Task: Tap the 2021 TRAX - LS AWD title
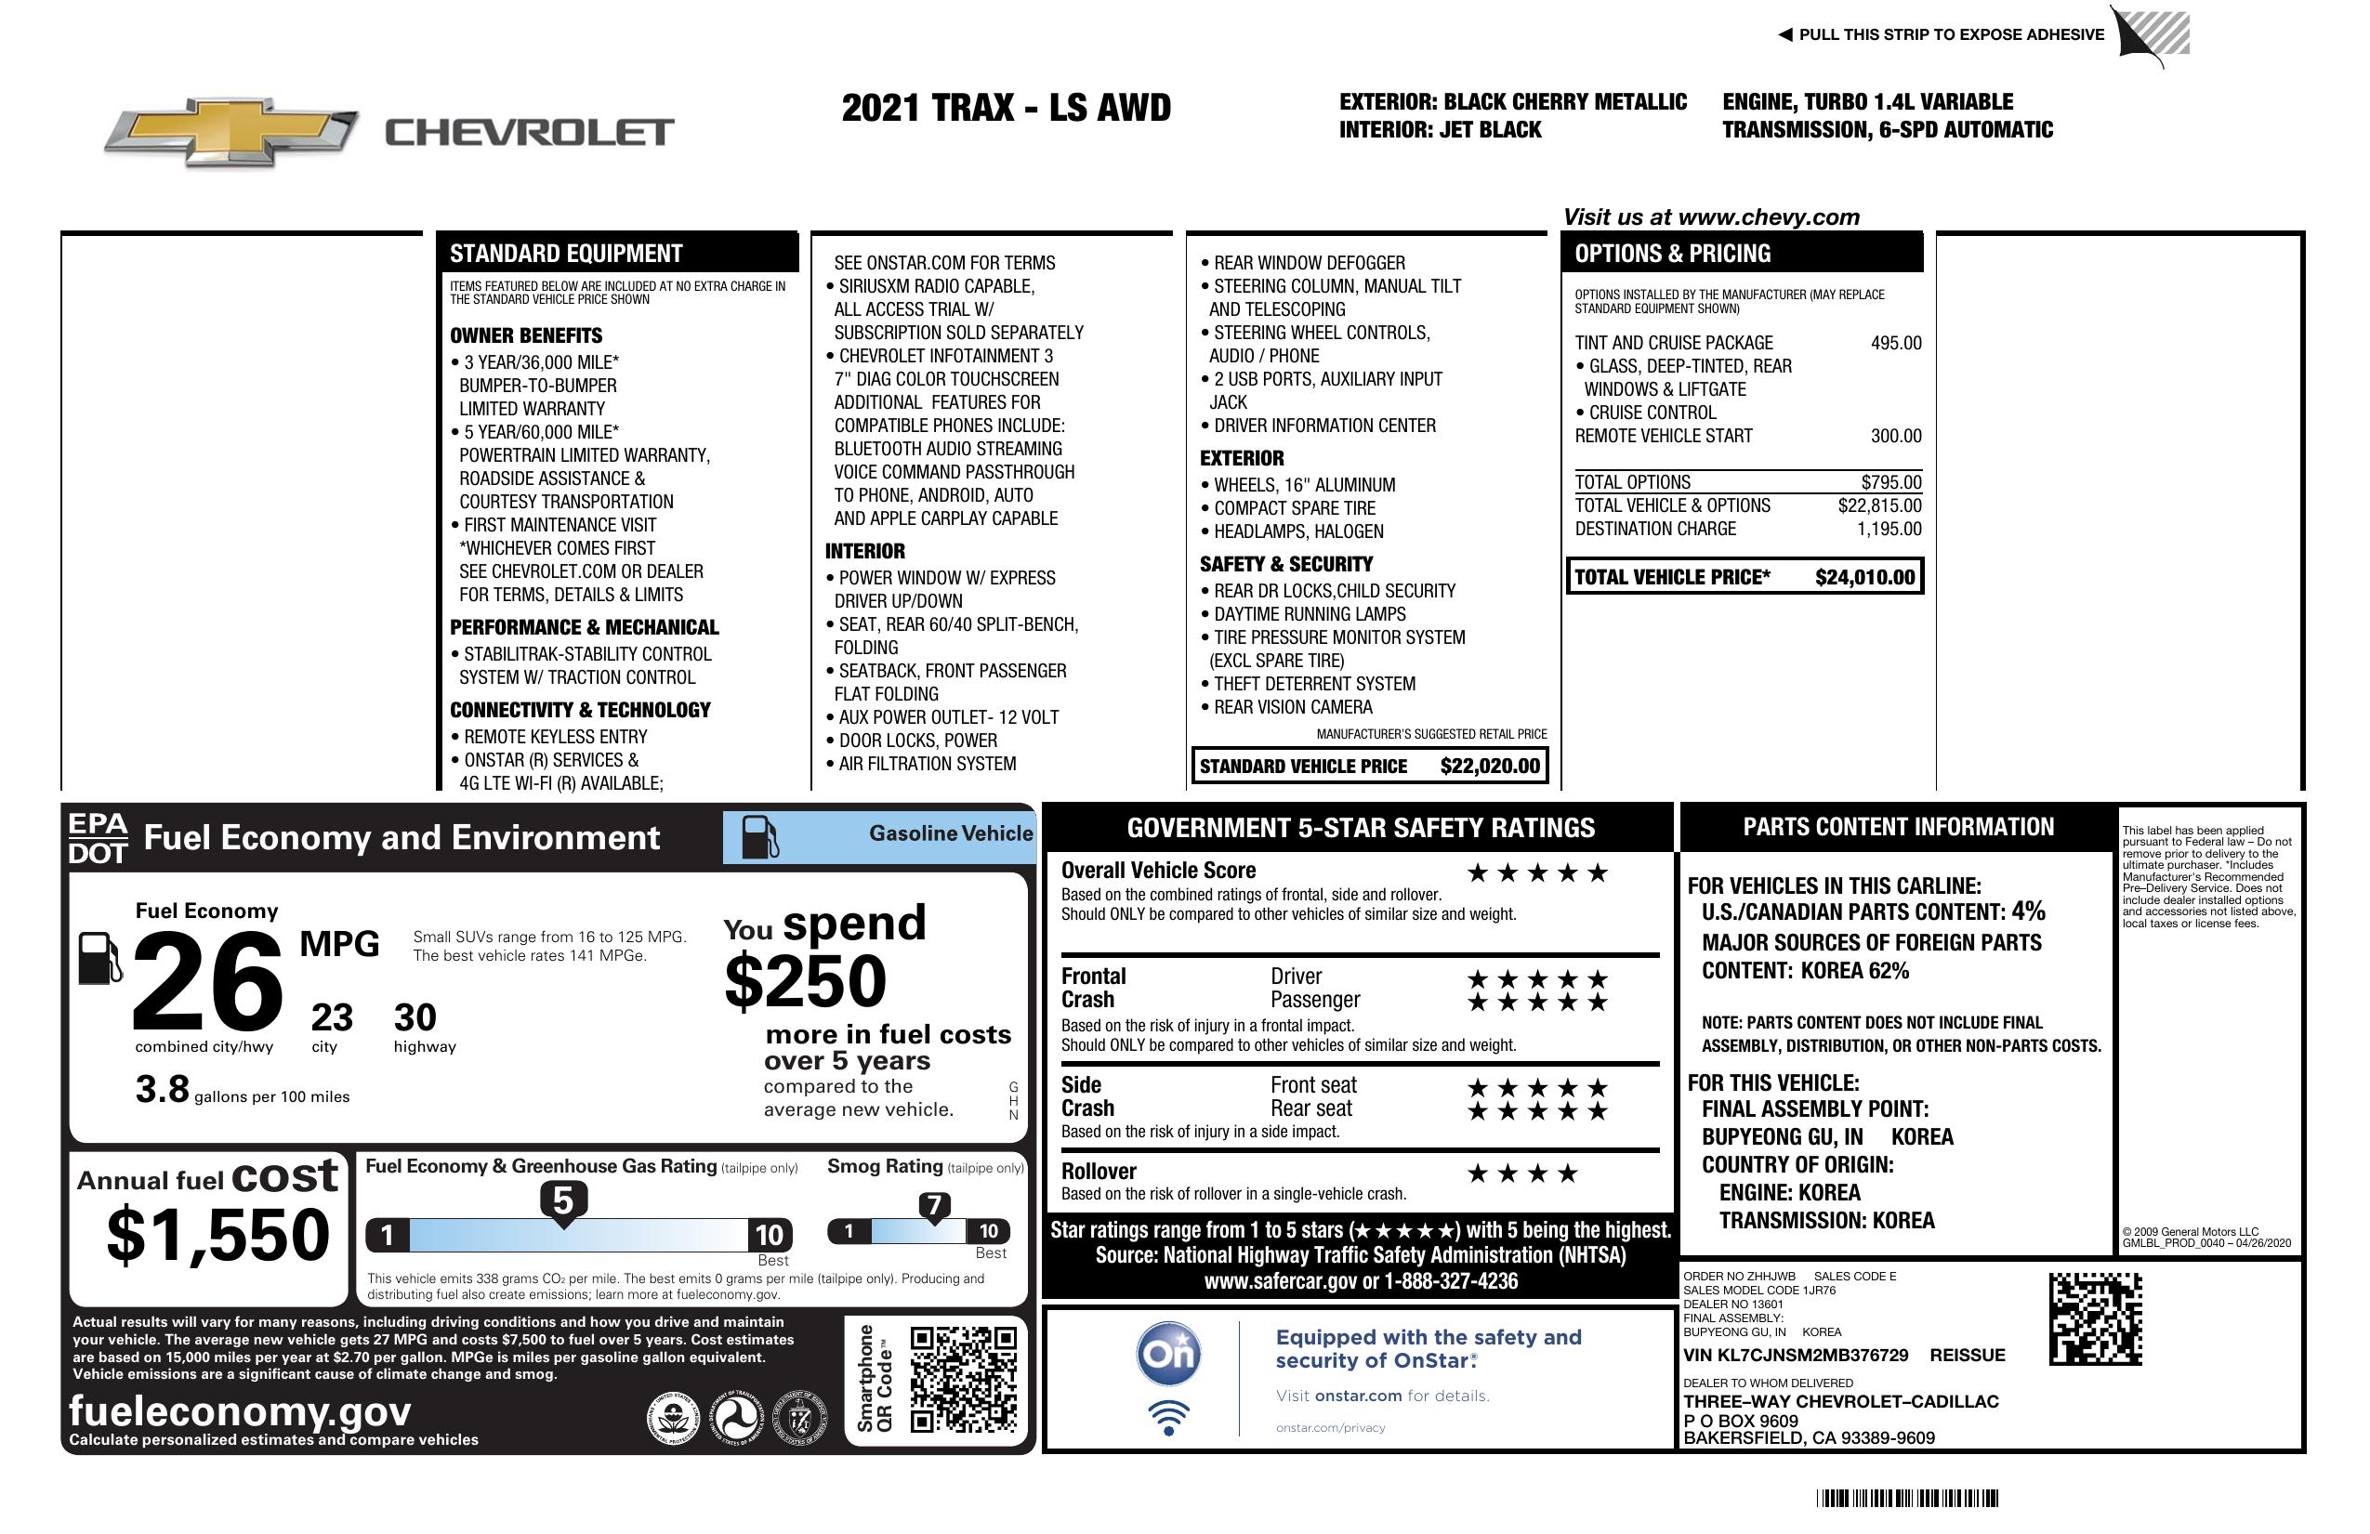(x=1006, y=108)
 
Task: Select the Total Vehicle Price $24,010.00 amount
(x=1864, y=577)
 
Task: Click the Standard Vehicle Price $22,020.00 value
(x=1490, y=766)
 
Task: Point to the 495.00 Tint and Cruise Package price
(x=1895, y=344)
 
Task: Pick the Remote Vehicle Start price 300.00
(x=1895, y=436)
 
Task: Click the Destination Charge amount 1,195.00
(x=1888, y=530)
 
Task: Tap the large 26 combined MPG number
(x=208, y=981)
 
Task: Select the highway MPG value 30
(x=415, y=1017)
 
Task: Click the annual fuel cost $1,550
(x=218, y=1235)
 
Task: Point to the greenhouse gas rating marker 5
(x=562, y=1201)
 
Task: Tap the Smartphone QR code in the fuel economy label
(x=963, y=1379)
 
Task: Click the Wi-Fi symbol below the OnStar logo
(x=1168, y=1417)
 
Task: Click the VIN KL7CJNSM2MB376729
(x=1796, y=1355)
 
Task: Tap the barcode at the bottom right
(x=1907, y=1498)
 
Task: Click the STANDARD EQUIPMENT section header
(x=566, y=254)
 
